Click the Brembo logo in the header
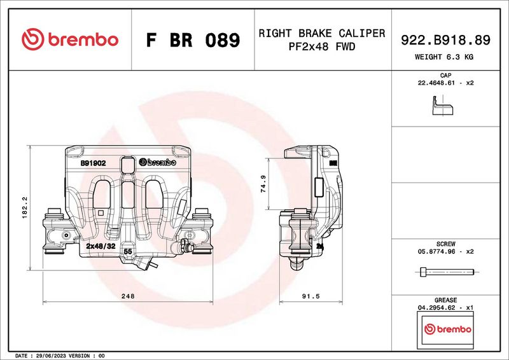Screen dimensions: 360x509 (x=70, y=39)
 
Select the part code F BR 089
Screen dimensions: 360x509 (x=193, y=41)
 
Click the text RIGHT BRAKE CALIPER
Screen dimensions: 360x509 (x=321, y=33)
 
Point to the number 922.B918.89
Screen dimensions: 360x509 (x=445, y=39)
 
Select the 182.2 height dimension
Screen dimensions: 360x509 (x=24, y=208)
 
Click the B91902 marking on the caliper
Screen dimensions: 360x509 (x=92, y=163)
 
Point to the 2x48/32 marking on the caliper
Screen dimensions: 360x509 (x=101, y=246)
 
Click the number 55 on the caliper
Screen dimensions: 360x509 (x=127, y=252)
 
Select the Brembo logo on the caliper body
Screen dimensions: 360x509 (x=157, y=163)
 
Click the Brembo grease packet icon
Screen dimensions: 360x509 (x=447, y=330)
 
